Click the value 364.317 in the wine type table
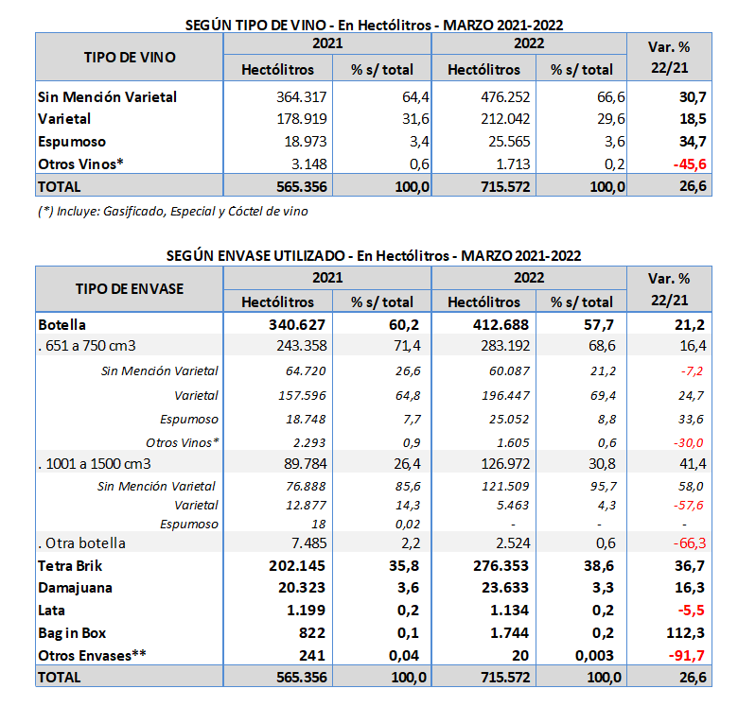(x=298, y=96)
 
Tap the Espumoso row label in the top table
(x=71, y=142)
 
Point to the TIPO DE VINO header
(x=130, y=57)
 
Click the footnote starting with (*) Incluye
(x=172, y=211)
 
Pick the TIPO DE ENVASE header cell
(x=130, y=289)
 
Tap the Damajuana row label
(x=74, y=588)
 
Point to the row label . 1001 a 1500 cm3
(x=94, y=463)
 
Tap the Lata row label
(x=53, y=610)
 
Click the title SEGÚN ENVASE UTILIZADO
(x=373, y=255)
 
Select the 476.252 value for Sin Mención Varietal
(x=503, y=96)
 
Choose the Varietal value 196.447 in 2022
(x=504, y=395)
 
